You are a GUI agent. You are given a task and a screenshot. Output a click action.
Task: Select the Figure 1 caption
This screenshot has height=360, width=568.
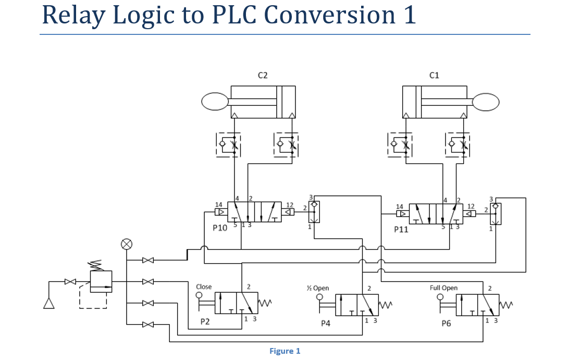tap(285, 351)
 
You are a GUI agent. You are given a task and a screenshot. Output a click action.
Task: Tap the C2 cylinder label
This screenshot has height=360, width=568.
tap(263, 76)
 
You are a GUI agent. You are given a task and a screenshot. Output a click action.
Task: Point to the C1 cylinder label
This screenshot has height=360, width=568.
tap(434, 76)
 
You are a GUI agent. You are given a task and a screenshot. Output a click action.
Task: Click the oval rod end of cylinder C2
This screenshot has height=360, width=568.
tap(215, 102)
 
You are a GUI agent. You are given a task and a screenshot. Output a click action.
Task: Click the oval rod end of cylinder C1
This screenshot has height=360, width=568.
tap(486, 102)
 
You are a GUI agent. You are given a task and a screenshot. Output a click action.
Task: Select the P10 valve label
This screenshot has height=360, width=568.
tap(220, 228)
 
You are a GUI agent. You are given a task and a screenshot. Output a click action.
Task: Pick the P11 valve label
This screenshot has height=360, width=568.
tap(401, 229)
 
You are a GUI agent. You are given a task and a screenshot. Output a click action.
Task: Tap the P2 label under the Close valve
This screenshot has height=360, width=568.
tap(205, 322)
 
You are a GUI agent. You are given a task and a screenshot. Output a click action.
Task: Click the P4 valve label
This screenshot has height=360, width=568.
tap(326, 324)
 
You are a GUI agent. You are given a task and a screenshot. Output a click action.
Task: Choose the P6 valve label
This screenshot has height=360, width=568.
tap(446, 324)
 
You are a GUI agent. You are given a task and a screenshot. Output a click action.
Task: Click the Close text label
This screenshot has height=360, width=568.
tap(204, 287)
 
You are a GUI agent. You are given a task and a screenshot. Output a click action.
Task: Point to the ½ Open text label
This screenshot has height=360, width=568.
tap(318, 288)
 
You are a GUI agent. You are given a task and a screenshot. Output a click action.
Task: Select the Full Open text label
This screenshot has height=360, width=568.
tap(443, 288)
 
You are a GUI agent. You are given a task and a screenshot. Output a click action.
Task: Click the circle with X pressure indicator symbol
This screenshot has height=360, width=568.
tap(126, 244)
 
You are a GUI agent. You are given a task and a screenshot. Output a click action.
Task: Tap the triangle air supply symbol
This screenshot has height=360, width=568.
tap(49, 303)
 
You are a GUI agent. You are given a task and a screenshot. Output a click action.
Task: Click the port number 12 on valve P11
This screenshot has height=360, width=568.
tap(471, 207)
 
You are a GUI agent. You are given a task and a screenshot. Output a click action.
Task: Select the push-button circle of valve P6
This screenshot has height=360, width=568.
tap(440, 297)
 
